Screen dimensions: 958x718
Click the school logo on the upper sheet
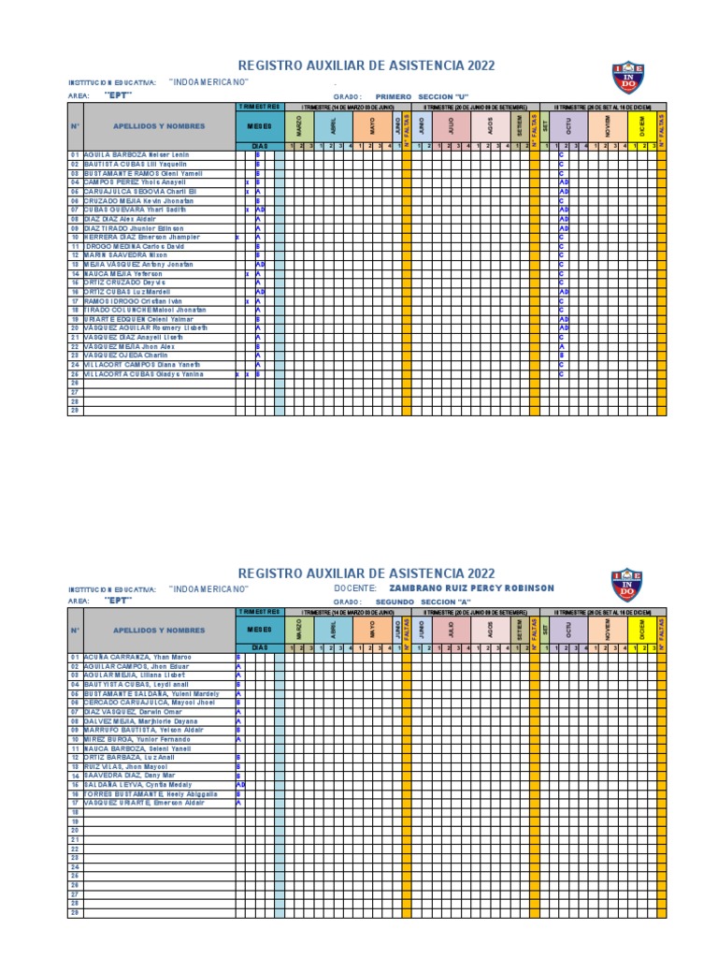click(x=628, y=78)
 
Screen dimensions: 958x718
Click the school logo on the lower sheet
click(x=628, y=586)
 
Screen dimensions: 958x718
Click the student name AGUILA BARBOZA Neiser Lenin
click(x=136, y=154)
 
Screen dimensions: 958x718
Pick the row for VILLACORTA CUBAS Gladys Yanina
click(x=143, y=374)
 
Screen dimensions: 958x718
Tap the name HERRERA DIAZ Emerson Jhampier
click(x=142, y=238)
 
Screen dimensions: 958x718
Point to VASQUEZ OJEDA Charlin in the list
click(x=126, y=356)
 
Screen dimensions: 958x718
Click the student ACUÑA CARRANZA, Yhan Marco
click(x=136, y=657)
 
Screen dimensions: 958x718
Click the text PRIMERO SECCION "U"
click(x=421, y=95)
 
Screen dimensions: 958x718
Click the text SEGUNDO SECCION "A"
click(x=423, y=602)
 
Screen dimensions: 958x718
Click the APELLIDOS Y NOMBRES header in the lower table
click(x=159, y=631)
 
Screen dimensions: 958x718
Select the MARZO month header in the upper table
click(x=299, y=124)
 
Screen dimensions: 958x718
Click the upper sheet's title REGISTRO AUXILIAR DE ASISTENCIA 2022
click(x=366, y=65)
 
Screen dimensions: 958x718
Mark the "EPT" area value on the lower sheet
click(x=119, y=602)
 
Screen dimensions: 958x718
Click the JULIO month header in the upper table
click(x=452, y=124)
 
